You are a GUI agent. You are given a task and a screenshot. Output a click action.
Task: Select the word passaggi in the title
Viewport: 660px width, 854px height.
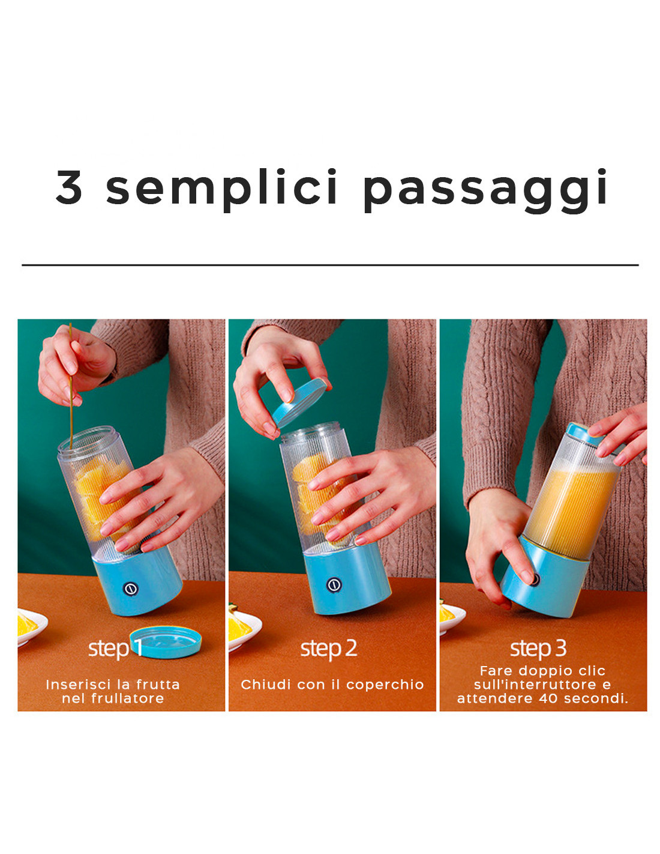pos(485,190)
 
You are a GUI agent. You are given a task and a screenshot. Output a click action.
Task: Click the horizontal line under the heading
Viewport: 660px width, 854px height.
pos(330,265)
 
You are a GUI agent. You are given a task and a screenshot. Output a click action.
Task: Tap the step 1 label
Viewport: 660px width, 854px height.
pos(115,648)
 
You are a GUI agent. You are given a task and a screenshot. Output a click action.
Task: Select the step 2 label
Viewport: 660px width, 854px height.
pos(329,648)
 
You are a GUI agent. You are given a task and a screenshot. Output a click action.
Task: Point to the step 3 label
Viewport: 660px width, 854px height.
pos(538,648)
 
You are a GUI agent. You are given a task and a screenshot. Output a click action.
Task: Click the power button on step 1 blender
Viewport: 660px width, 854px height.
pos(130,589)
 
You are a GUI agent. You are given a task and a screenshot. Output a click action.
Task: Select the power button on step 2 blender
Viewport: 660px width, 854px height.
pos(334,584)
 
